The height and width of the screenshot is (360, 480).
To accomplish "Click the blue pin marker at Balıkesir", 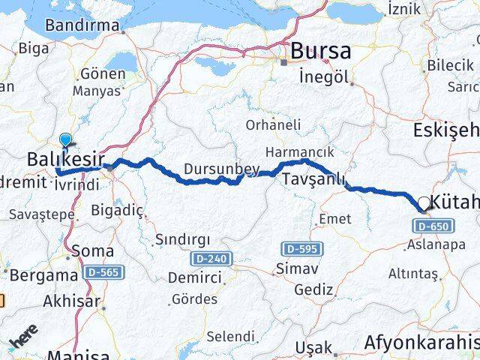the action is pos(66,140).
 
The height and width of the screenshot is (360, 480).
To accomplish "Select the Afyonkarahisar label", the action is pos(422,343).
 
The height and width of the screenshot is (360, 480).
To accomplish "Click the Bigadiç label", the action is pos(116,211).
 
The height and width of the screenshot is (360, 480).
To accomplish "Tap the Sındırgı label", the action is pos(178,240).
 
